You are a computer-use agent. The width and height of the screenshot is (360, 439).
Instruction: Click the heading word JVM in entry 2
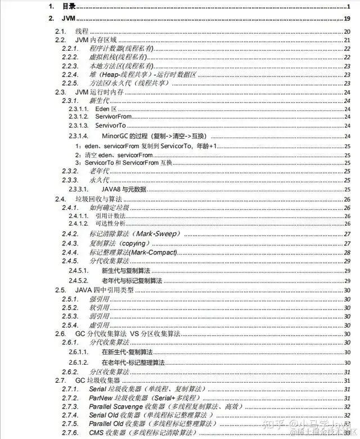point(68,19)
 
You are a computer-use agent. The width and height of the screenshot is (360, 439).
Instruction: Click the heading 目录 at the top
point(69,6)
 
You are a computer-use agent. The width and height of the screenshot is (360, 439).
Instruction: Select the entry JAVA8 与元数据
point(124,189)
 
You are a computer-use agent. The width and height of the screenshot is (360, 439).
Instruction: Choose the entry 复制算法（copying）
point(119,243)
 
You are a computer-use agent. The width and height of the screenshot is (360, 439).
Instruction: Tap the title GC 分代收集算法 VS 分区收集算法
point(128,334)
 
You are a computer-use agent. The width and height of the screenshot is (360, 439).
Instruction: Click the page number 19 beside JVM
point(347,19)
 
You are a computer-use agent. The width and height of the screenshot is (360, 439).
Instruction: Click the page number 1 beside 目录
point(349,6)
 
